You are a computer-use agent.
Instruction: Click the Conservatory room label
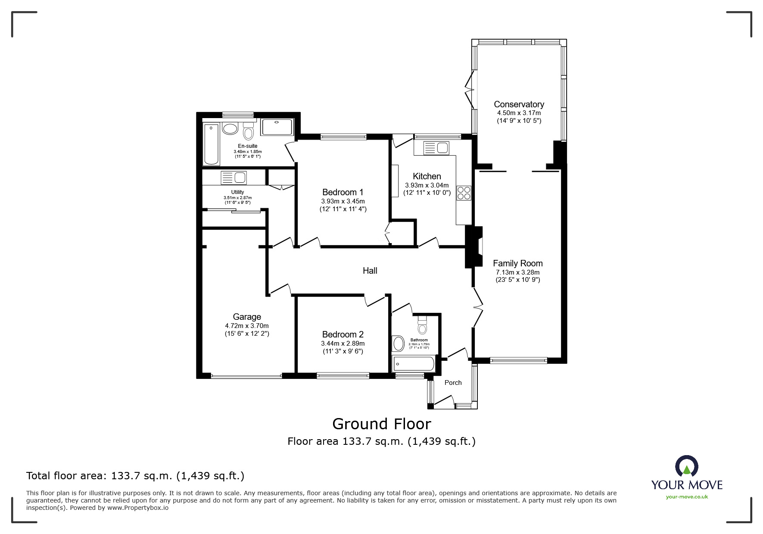pyautogui.click(x=519, y=104)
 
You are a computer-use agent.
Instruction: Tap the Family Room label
pyautogui.click(x=517, y=263)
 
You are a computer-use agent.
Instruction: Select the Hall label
pyautogui.click(x=370, y=271)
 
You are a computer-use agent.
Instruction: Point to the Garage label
pyautogui.click(x=247, y=317)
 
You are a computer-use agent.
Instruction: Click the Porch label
pyautogui.click(x=453, y=383)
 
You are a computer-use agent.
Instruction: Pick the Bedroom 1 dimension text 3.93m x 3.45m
pyautogui.click(x=343, y=201)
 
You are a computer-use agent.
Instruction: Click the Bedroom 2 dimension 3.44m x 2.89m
pyautogui.click(x=343, y=344)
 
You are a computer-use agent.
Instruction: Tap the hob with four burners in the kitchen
pyautogui.click(x=464, y=193)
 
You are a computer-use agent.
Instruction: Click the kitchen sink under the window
pyautogui.click(x=436, y=148)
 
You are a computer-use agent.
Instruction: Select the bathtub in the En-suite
pyautogui.click(x=211, y=144)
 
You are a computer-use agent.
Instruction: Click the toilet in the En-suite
pyautogui.click(x=248, y=131)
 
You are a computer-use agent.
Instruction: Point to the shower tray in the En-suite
pyautogui.click(x=277, y=127)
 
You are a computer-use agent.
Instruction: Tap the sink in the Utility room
pyautogui.click(x=234, y=178)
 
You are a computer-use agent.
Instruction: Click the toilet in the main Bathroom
pyautogui.click(x=423, y=325)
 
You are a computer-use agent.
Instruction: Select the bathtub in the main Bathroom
pyautogui.click(x=413, y=364)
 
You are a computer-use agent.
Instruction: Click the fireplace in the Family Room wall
pyautogui.click(x=474, y=247)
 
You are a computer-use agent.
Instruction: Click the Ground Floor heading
pyautogui.click(x=382, y=424)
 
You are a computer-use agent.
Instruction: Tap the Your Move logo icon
pyautogui.click(x=686, y=466)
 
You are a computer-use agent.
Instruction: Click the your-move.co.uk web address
pyautogui.click(x=687, y=497)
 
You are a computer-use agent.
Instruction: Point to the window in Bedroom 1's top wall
pyautogui.click(x=343, y=137)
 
